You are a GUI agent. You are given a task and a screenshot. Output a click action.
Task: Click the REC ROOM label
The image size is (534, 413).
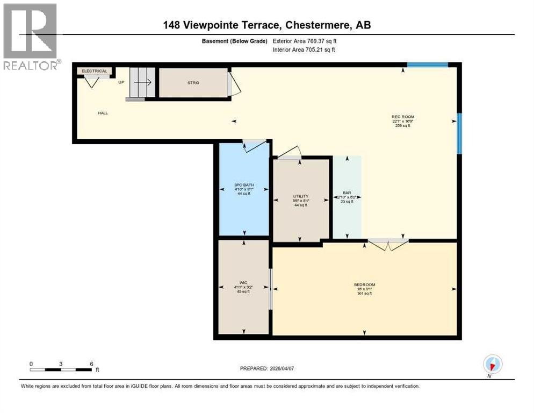pyautogui.click(x=403, y=117)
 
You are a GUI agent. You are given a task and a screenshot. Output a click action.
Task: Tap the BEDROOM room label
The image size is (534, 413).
pyautogui.click(x=364, y=284)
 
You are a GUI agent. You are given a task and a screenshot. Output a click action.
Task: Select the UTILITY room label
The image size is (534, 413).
pyautogui.click(x=300, y=196)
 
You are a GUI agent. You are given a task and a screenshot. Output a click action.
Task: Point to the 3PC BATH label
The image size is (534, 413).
pyautogui.click(x=244, y=185)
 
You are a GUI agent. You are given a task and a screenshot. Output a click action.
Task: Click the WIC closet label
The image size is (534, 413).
pyautogui.click(x=243, y=282)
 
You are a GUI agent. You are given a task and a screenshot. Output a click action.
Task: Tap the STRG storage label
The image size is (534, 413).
pyautogui.click(x=193, y=83)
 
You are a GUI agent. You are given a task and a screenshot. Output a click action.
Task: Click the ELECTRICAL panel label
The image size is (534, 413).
pyautogui.click(x=95, y=71)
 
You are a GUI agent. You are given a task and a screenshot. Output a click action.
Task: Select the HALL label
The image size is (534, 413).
pyautogui.click(x=103, y=113)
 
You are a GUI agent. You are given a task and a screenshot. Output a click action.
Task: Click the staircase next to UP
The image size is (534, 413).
pyautogui.click(x=141, y=83)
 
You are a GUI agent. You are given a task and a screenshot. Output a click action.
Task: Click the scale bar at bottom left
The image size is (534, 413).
pyautogui.click(x=61, y=369)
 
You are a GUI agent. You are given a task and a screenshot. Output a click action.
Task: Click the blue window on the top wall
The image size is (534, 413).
pyautogui.click(x=427, y=65)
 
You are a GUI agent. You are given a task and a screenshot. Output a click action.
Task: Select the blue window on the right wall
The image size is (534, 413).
pyautogui.click(x=459, y=133)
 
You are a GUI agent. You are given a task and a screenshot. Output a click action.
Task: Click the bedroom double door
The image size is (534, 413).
pyautogui.click(x=388, y=244)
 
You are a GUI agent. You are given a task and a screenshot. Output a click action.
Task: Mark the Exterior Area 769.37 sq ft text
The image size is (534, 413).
pyautogui.click(x=305, y=41)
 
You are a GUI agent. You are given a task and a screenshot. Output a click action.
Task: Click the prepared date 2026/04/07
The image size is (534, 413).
pyautogui.click(x=266, y=368)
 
